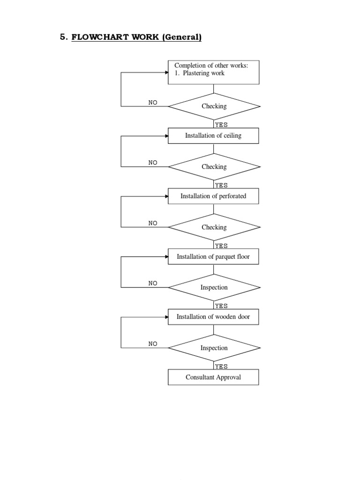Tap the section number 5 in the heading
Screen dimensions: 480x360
click(x=63, y=38)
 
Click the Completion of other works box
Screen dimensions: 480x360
click(x=213, y=72)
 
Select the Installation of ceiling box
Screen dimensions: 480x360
click(x=213, y=136)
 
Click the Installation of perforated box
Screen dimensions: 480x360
click(x=213, y=196)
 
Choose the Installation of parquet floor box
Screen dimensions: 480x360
click(x=213, y=257)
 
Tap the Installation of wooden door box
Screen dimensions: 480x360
click(x=213, y=317)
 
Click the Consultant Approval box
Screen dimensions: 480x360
click(x=213, y=377)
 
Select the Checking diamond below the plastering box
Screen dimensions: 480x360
click(x=214, y=106)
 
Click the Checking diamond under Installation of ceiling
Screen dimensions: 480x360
click(x=214, y=167)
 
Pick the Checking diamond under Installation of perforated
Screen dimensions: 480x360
click(x=214, y=227)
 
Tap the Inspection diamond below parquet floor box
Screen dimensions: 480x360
click(x=214, y=287)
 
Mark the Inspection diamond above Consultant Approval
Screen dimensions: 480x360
click(x=214, y=348)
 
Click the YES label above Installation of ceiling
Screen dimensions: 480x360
click(x=221, y=125)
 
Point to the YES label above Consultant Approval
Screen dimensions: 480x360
click(x=221, y=367)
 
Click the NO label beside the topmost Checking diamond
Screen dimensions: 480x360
click(x=153, y=102)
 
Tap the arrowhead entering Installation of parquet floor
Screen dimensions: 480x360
click(x=166, y=257)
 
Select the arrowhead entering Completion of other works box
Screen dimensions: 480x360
click(x=166, y=73)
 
